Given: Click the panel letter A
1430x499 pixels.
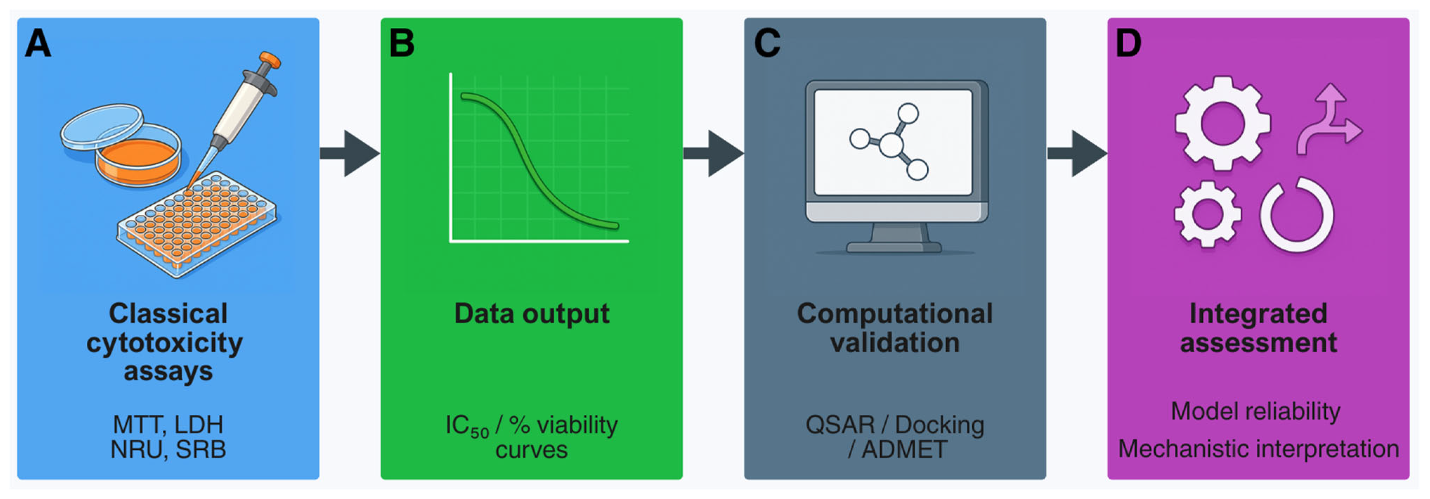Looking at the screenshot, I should coord(38,43).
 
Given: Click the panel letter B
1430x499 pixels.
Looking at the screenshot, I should coord(401,43).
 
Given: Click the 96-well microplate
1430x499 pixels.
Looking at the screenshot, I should coord(197,222).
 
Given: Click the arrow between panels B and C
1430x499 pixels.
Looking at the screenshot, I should coord(714,153).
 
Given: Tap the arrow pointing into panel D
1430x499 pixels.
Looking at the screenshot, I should coord(1077,153).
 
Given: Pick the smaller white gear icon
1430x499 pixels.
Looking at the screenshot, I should coord(1207,214).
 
